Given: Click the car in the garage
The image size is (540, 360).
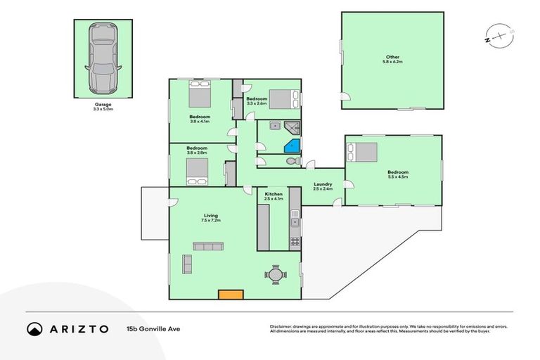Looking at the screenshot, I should [103, 58].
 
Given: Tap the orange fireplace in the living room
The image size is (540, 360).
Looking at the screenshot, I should [229, 295].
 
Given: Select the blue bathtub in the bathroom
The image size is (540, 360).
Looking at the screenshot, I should [291, 145].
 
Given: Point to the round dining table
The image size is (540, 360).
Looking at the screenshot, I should [276, 274].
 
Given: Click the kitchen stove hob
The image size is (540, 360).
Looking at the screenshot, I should [295, 241].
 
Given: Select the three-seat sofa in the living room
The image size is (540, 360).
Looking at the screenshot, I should [209, 246].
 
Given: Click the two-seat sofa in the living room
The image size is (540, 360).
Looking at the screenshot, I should [187, 264].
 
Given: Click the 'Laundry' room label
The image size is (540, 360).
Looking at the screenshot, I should [322, 184].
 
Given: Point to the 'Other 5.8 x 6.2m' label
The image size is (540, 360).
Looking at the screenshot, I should [392, 59].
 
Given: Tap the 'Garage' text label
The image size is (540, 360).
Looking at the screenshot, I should [103, 105].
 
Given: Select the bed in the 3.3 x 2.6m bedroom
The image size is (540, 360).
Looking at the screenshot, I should [285, 99].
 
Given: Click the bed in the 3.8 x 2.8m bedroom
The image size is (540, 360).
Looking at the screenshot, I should [196, 171].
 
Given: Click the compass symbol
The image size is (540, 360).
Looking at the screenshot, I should [496, 33].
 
